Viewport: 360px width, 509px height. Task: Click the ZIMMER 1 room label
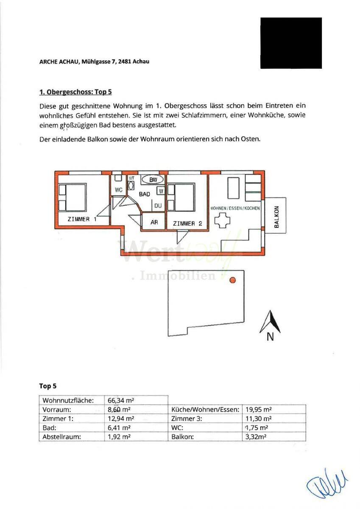pos(82,219)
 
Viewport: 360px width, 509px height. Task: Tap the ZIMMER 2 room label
pos(187,223)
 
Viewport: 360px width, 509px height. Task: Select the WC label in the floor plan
pos(119,190)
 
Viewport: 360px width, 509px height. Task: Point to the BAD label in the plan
pos(145,194)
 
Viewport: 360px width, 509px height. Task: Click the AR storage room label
pos(154,222)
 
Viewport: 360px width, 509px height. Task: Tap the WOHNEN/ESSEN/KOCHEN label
pos(235,208)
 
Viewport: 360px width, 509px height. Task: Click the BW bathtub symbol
pos(153,180)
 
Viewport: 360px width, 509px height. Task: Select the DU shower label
pos(158,206)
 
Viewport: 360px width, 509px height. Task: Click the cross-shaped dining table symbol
pos(223,221)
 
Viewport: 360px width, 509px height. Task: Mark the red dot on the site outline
pos(232,280)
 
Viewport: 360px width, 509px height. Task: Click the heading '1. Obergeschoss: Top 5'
pos(75,92)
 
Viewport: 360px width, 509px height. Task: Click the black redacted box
pos(291,43)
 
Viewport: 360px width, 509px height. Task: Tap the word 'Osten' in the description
pos(248,139)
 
